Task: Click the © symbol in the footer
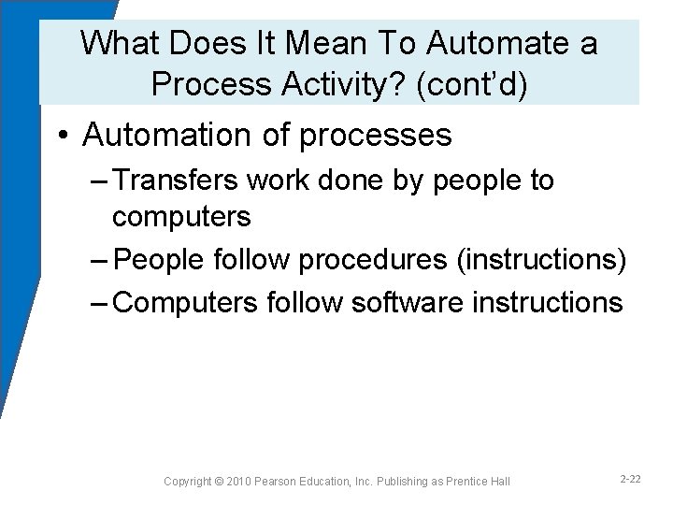[218, 481]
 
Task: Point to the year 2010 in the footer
[239, 481]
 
